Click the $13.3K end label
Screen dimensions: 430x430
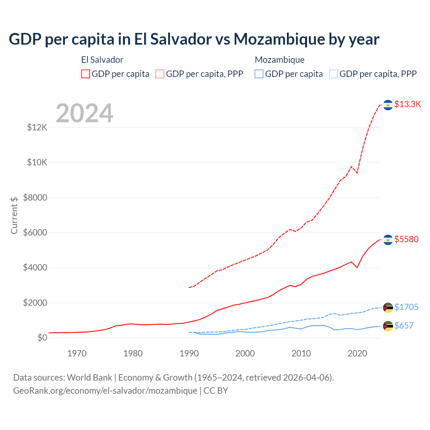coord(407,104)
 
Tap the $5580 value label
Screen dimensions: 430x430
coord(406,239)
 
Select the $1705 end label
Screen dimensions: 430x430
coord(406,307)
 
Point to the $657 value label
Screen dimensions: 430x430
coord(404,326)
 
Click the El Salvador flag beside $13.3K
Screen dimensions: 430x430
coord(388,105)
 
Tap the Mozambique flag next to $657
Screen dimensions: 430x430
coord(388,326)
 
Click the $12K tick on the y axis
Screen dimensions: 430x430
coord(37,128)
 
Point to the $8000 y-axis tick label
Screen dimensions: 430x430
coord(35,198)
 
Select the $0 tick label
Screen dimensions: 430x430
coord(42,338)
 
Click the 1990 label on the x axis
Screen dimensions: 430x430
coord(189,353)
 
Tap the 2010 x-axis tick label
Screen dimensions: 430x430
coord(301,353)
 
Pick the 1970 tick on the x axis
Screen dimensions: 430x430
coord(77,353)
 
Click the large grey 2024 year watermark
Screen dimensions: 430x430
coord(85,113)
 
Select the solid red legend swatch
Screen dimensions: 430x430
coord(86,74)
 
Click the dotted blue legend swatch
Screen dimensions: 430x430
coord(334,74)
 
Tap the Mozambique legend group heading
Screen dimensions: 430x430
coord(279,60)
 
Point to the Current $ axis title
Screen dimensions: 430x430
coord(14,215)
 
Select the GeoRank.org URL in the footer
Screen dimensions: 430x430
coord(105,391)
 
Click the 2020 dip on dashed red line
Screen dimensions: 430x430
coord(357,173)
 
